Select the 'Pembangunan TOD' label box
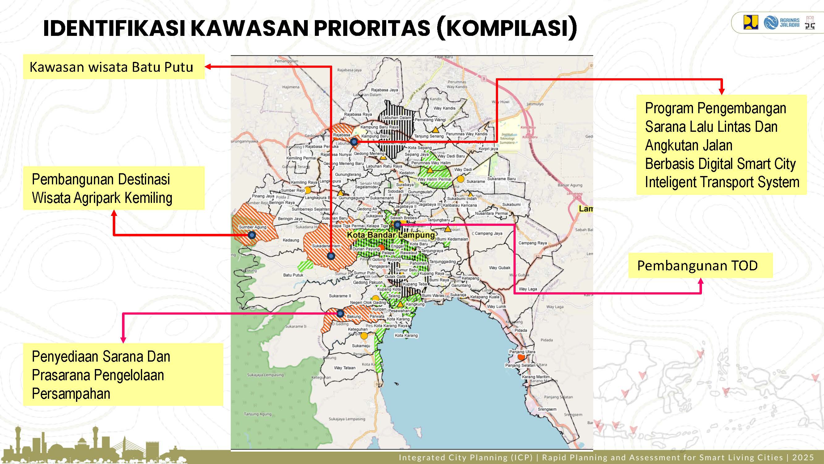coord(700,265)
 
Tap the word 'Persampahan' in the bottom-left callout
coord(71,393)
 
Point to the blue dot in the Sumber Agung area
coord(252,235)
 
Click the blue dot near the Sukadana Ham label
coord(331,256)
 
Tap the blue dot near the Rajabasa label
coord(354,142)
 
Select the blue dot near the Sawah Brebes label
coord(397,225)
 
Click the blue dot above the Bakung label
coord(340,313)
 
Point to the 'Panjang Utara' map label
coord(522,352)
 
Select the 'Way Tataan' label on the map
coord(344,367)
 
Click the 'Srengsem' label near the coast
coord(547,409)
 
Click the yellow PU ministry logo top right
coord(750,22)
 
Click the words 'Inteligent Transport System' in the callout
coord(722,182)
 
